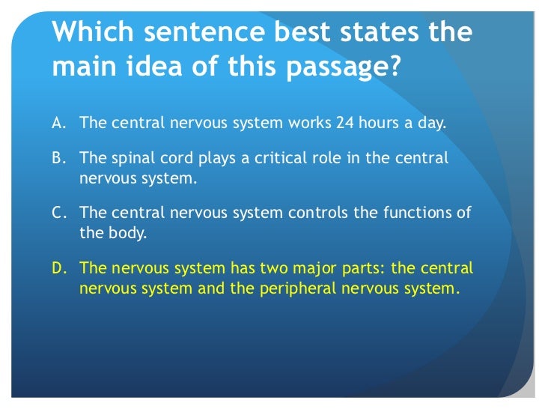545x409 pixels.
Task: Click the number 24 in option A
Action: pyautogui.click(x=345, y=123)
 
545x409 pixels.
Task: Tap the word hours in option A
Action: pyautogui.click(x=383, y=123)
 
